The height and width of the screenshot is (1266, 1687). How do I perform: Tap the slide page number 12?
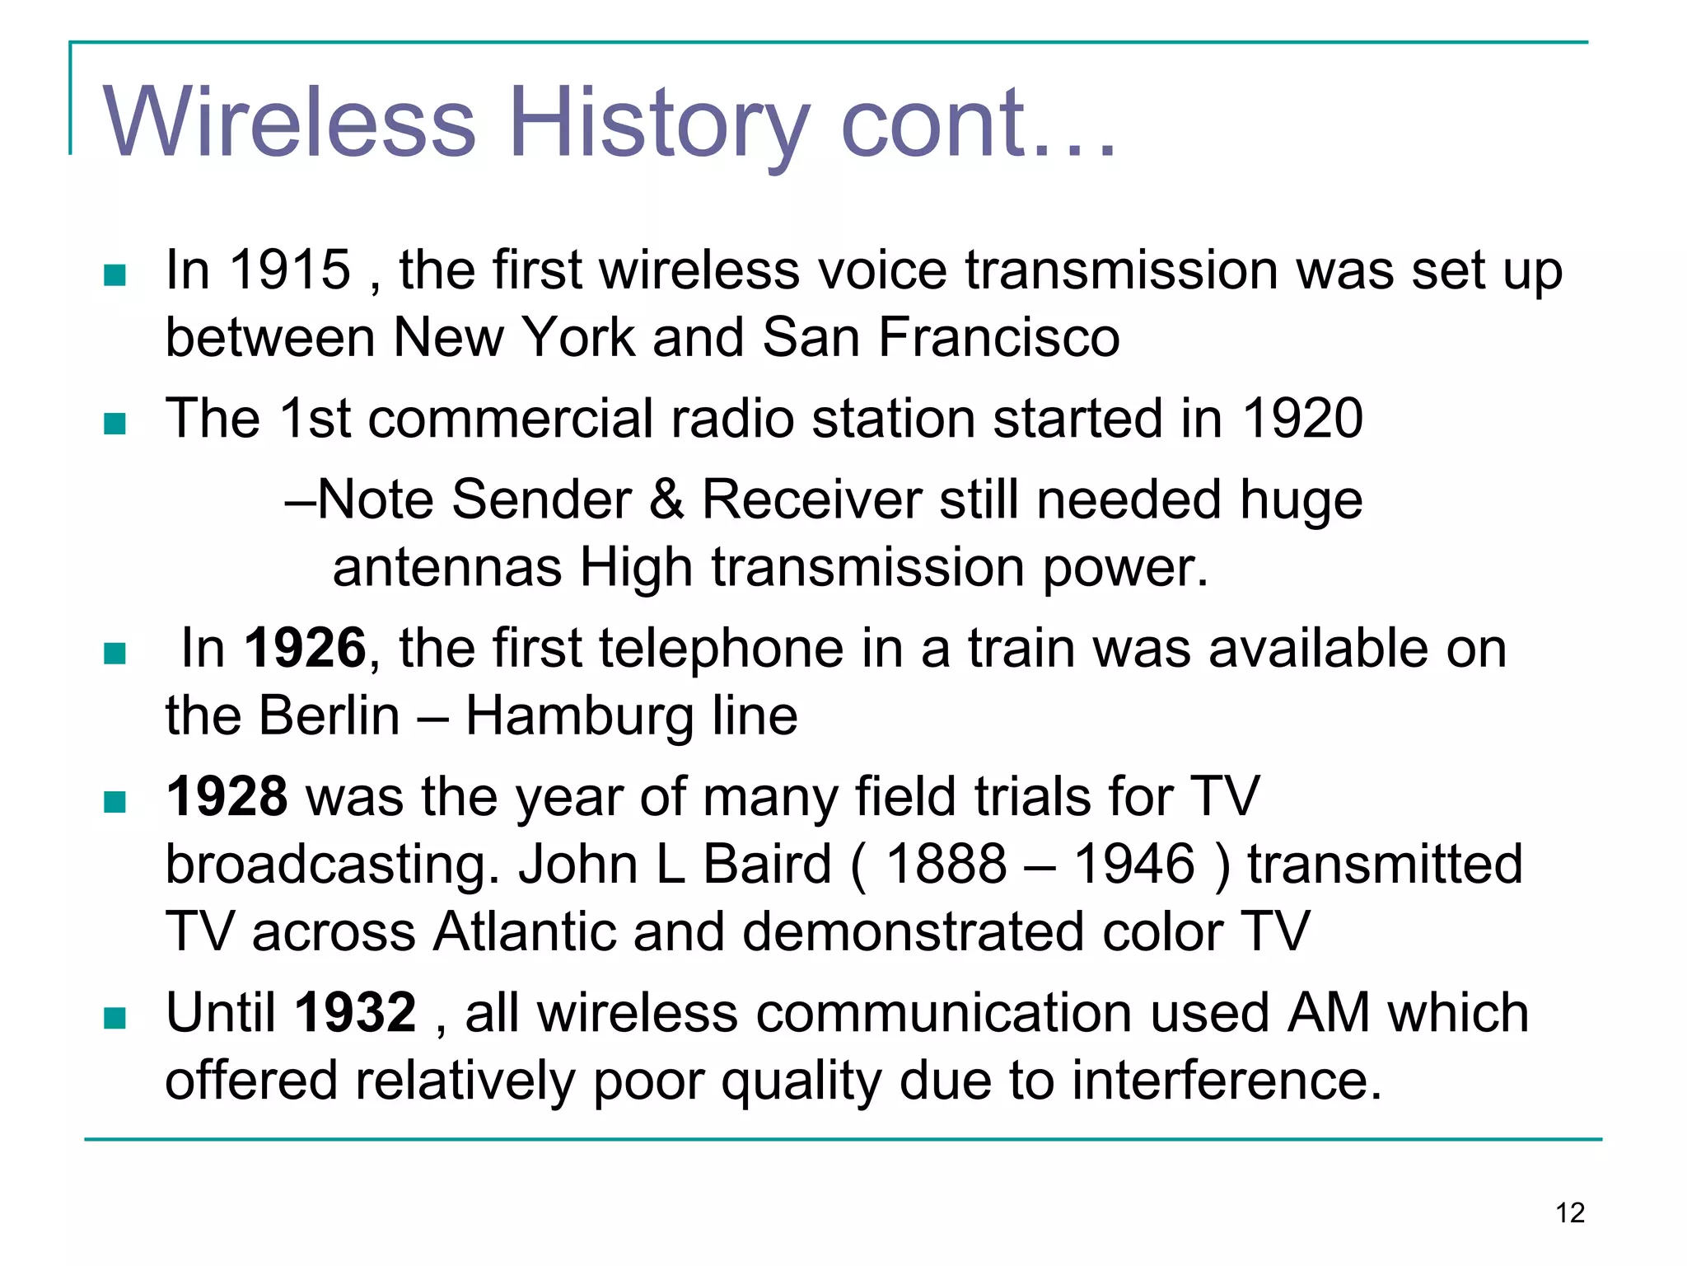(1570, 1212)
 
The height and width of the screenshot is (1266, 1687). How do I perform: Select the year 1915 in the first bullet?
(290, 270)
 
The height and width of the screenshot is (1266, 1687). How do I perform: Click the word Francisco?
(998, 338)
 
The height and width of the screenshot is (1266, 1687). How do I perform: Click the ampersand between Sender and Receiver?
(666, 500)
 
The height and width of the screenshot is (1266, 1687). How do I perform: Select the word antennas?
(447, 568)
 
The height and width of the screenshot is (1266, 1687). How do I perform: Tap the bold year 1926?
(305, 649)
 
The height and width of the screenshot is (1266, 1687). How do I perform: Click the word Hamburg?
(579, 715)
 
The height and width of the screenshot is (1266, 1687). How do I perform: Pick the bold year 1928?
(227, 797)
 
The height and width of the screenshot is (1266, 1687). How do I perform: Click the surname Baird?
(767, 865)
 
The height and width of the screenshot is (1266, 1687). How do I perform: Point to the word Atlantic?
(525, 932)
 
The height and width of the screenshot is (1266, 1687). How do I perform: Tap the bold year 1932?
(355, 1013)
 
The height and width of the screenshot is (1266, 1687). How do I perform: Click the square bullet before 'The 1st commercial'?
(114, 424)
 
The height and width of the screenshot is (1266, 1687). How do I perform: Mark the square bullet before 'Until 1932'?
(114, 1019)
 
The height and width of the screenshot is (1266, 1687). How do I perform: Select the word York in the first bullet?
(579, 338)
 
